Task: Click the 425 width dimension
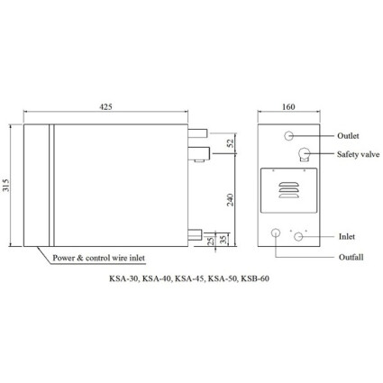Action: (105, 106)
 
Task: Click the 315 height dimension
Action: (6, 186)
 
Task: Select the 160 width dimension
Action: (288, 106)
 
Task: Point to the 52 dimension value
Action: (231, 143)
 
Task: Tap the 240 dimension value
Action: (231, 200)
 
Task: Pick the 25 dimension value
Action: (211, 241)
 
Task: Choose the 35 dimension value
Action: (223, 240)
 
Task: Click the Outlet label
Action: (348, 136)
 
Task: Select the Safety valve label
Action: (358, 154)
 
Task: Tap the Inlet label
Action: (347, 236)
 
